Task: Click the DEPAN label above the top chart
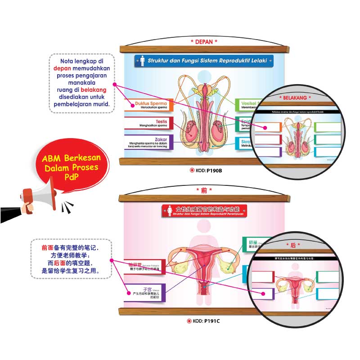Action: pos(204,41)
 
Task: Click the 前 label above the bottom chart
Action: pos(204,191)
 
